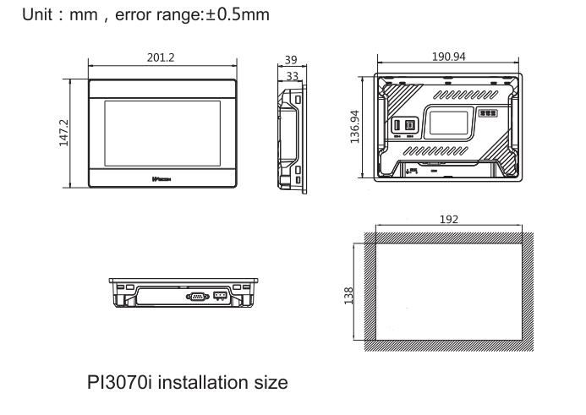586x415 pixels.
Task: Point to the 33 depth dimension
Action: (291, 75)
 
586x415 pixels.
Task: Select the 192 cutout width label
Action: (449, 219)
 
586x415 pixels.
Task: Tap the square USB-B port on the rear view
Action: (410, 123)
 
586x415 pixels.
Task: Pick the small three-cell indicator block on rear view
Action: (489, 111)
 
